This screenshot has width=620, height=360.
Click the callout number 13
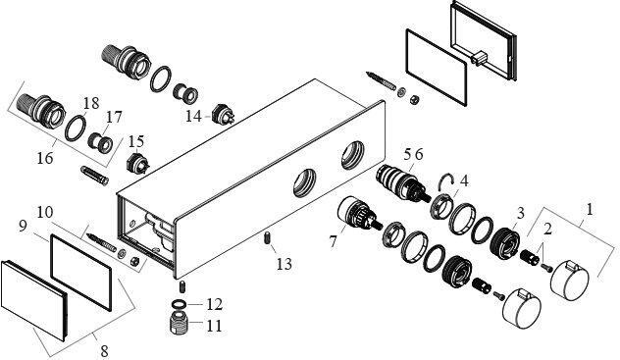[284, 264]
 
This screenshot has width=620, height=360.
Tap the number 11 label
[214, 326]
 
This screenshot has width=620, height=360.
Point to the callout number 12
[214, 304]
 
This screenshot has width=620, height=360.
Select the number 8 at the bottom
[104, 351]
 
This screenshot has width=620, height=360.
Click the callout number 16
[45, 158]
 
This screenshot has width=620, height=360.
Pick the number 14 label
[194, 116]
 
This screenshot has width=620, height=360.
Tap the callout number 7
[334, 241]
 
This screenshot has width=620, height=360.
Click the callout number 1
[590, 209]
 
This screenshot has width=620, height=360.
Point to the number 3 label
[520, 213]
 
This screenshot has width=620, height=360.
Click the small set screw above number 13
[267, 238]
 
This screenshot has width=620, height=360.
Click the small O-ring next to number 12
[180, 304]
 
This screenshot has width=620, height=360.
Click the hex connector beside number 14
[223, 114]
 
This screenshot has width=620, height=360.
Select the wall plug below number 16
[94, 176]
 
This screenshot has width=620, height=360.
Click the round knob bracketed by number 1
[570, 281]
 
